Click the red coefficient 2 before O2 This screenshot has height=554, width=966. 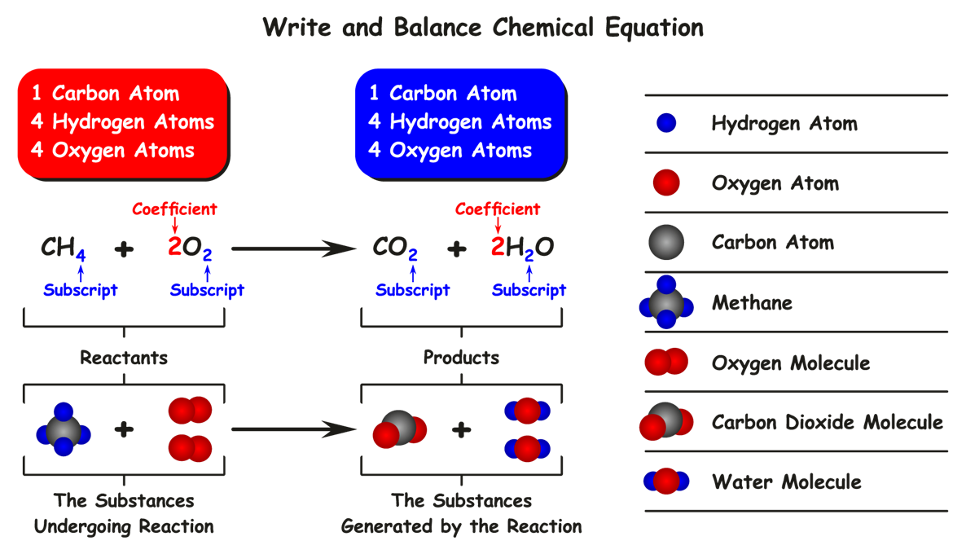(174, 247)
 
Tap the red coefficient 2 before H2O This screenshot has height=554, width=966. (498, 247)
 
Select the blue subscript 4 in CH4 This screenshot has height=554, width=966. (80, 256)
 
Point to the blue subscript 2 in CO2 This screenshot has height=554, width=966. (413, 256)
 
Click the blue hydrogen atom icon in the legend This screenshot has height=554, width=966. (666, 124)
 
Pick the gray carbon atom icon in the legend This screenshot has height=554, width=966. (666, 243)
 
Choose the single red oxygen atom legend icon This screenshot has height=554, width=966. (666, 183)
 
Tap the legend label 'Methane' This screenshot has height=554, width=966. (752, 303)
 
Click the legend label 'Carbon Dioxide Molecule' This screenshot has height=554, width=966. (827, 422)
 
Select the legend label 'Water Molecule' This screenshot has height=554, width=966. (786, 481)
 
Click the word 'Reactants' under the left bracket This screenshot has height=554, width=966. (124, 358)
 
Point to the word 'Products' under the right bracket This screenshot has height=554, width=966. (461, 358)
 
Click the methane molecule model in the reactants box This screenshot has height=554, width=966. (64, 430)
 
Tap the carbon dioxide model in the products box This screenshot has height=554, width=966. (399, 429)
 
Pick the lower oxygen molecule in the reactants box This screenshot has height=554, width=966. (190, 448)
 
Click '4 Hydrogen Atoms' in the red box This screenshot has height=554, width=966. (122, 122)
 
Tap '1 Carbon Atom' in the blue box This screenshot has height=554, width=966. (443, 94)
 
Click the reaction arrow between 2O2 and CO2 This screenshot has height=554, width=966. (293, 247)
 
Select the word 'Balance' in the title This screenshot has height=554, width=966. (437, 29)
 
